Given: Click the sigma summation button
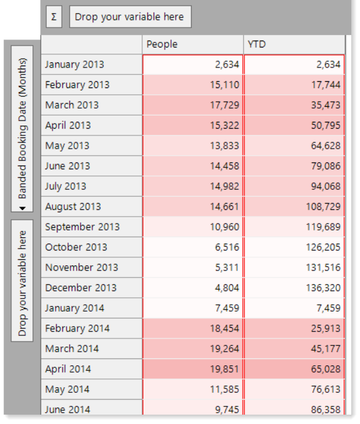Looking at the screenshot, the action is point(54,17).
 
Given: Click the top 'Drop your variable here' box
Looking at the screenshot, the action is point(130,17).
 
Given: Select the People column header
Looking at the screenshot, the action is point(162,44).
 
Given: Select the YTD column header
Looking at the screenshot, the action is point(257,44).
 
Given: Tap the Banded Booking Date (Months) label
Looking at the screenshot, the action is point(22,129).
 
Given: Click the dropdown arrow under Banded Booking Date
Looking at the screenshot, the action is point(22,208).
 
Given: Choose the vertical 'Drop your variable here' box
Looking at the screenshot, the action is point(22,280).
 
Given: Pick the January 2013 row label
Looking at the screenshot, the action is point(75,64).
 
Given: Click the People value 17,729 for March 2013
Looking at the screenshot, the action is point(225,105).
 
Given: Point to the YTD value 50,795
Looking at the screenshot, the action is point(326,125).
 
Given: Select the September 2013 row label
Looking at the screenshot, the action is point(82,227).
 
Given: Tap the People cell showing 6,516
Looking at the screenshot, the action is point(227,247).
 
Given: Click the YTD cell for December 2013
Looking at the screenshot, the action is point(323,288).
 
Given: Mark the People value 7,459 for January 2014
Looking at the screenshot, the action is point(227,308).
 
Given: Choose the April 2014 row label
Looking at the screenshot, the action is point(68,369).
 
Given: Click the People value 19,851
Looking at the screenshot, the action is point(225,369).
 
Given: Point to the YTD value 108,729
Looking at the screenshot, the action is point(323,207).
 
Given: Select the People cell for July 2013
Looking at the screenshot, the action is point(225,186).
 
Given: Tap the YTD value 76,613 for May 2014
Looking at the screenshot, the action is point(326,389).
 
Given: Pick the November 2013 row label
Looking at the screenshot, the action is point(82,267).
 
